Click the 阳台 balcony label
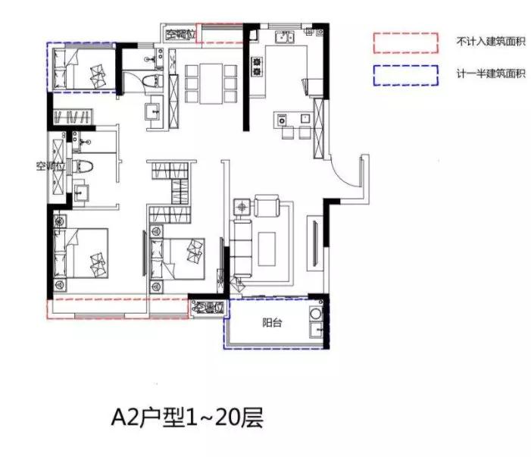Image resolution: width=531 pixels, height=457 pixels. [272, 324]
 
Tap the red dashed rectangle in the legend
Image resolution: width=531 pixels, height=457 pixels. [404, 41]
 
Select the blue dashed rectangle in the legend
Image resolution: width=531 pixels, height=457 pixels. [404, 75]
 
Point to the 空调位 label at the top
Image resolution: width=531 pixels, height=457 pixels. [180, 33]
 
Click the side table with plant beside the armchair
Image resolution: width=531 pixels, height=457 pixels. [242, 206]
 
